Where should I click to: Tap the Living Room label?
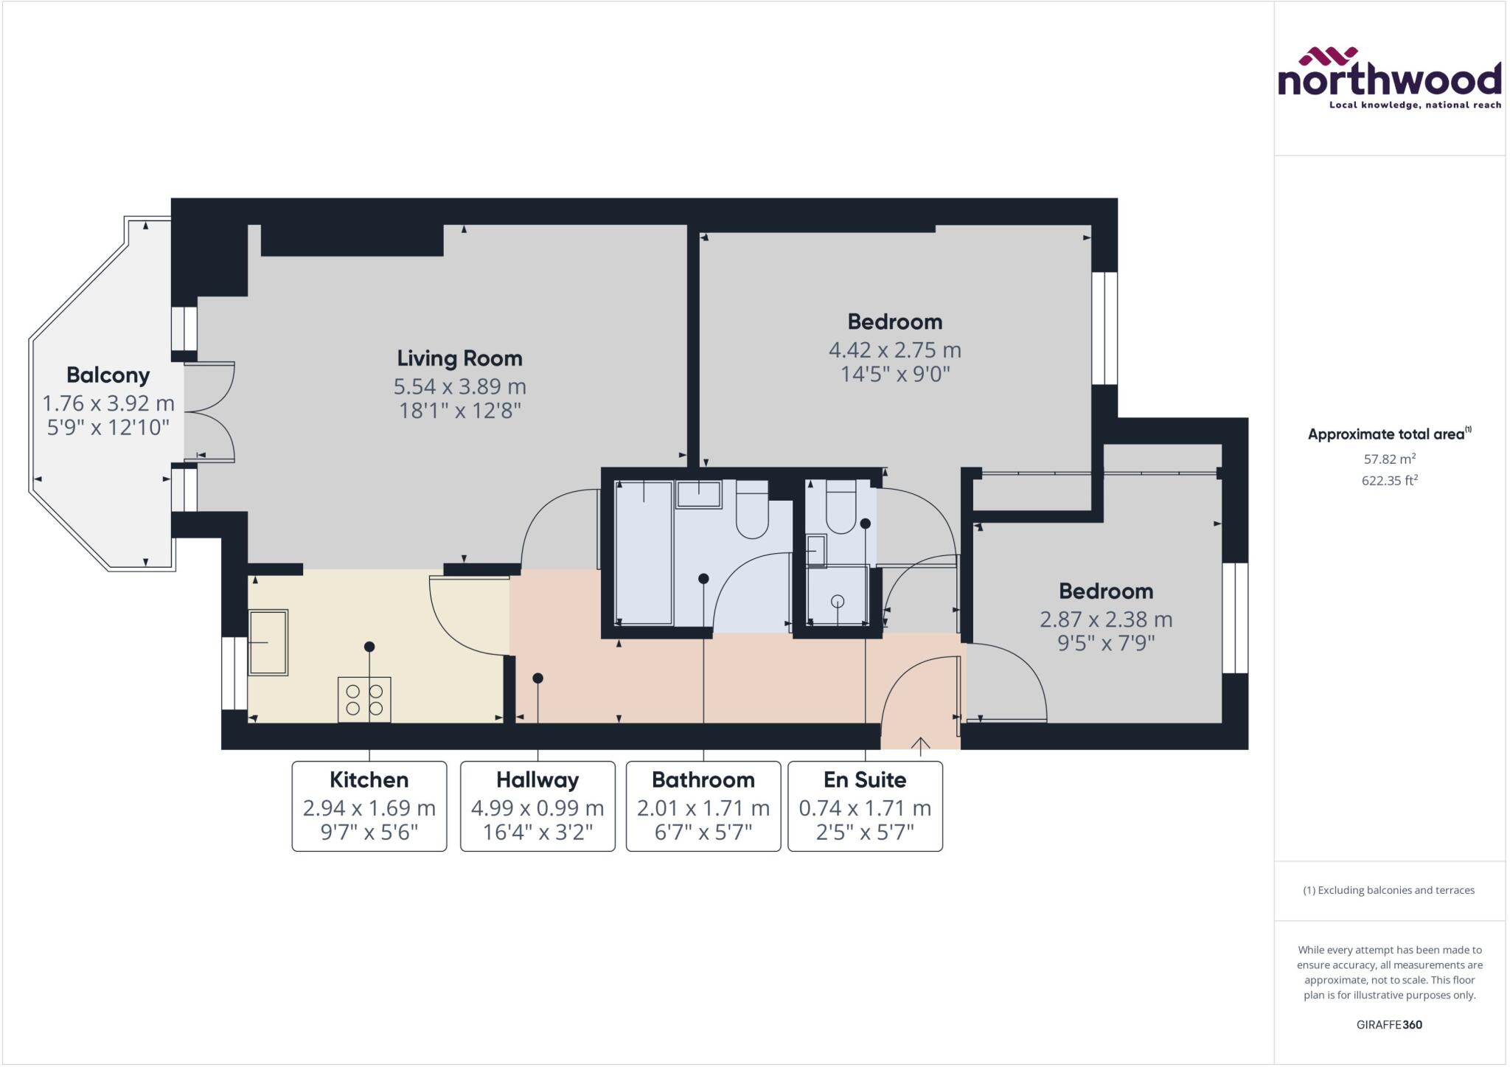click(459, 358)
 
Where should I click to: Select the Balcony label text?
click(108, 375)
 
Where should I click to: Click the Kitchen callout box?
click(369, 806)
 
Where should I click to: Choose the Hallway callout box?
click(537, 806)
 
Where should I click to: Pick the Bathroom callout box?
click(703, 806)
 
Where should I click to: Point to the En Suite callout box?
click(865, 806)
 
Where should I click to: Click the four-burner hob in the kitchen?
click(364, 700)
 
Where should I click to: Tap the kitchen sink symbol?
click(268, 642)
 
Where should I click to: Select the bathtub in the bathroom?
click(644, 552)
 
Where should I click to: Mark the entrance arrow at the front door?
click(921, 745)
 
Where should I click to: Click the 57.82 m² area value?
click(1389, 459)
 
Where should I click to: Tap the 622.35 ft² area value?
click(1389, 481)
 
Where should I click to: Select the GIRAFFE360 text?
click(1389, 1024)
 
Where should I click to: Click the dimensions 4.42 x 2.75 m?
click(894, 350)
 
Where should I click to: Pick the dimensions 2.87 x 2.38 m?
click(1105, 619)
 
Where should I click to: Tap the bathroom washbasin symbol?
click(698, 493)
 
